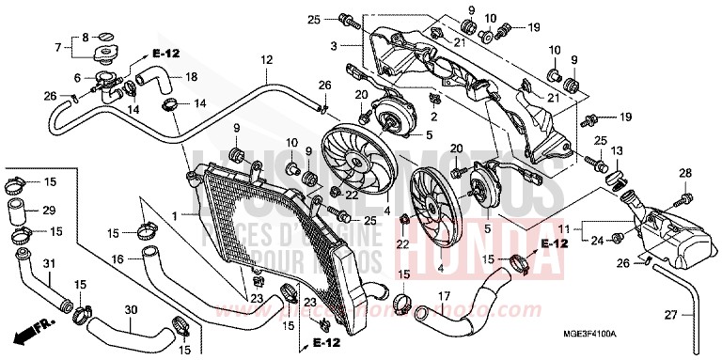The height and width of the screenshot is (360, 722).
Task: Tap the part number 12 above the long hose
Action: point(267,60)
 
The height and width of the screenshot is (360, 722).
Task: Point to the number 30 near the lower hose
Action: point(132,309)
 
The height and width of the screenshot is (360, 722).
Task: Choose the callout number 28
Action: point(685,172)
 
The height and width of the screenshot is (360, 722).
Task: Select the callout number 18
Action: point(191,76)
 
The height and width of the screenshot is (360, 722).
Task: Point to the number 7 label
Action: point(58,47)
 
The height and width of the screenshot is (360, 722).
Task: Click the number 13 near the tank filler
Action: point(617,150)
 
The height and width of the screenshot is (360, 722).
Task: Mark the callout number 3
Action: point(332,44)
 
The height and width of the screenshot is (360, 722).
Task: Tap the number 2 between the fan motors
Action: point(434,116)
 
